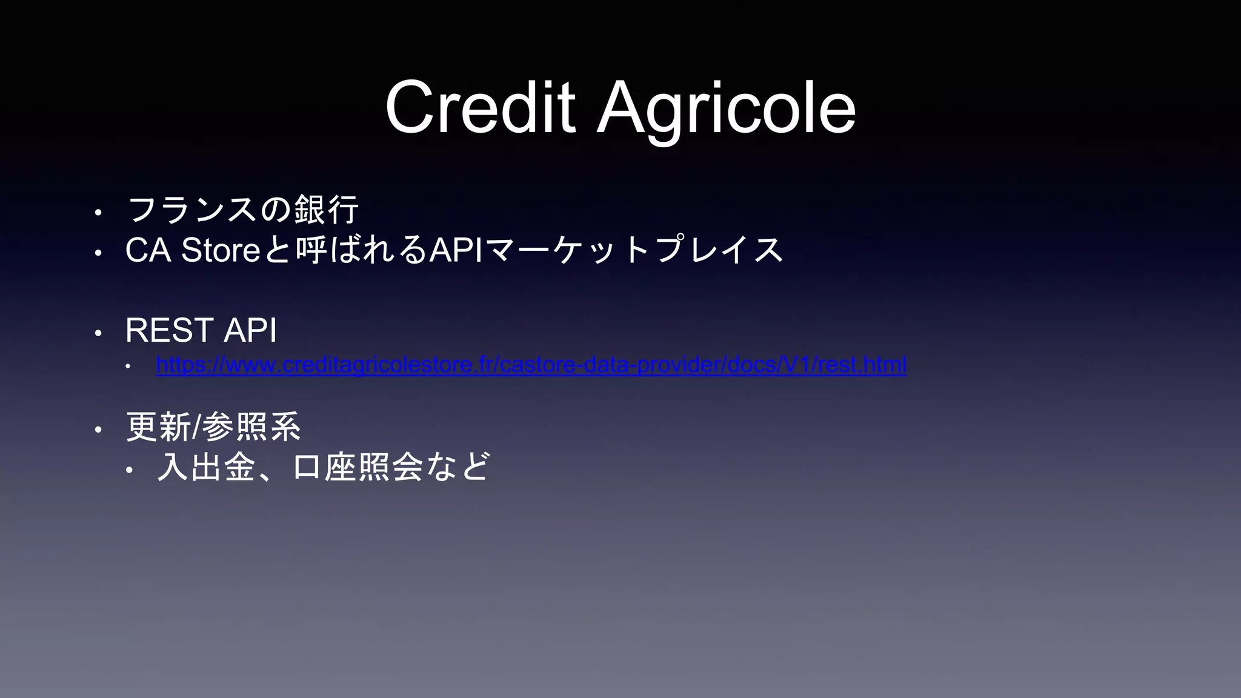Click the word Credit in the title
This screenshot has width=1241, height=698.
point(479,108)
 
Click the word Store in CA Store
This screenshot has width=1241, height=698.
point(221,250)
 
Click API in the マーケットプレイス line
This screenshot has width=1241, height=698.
point(455,250)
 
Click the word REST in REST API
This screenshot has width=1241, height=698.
point(168,331)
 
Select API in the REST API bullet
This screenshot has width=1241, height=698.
point(250,331)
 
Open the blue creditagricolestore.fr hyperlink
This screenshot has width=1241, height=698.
point(531,365)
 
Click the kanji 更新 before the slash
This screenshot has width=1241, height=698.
point(158,428)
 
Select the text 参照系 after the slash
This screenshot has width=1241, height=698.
point(251,428)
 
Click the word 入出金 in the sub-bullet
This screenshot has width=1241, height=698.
point(207,467)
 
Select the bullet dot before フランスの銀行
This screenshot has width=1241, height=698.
point(97,213)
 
